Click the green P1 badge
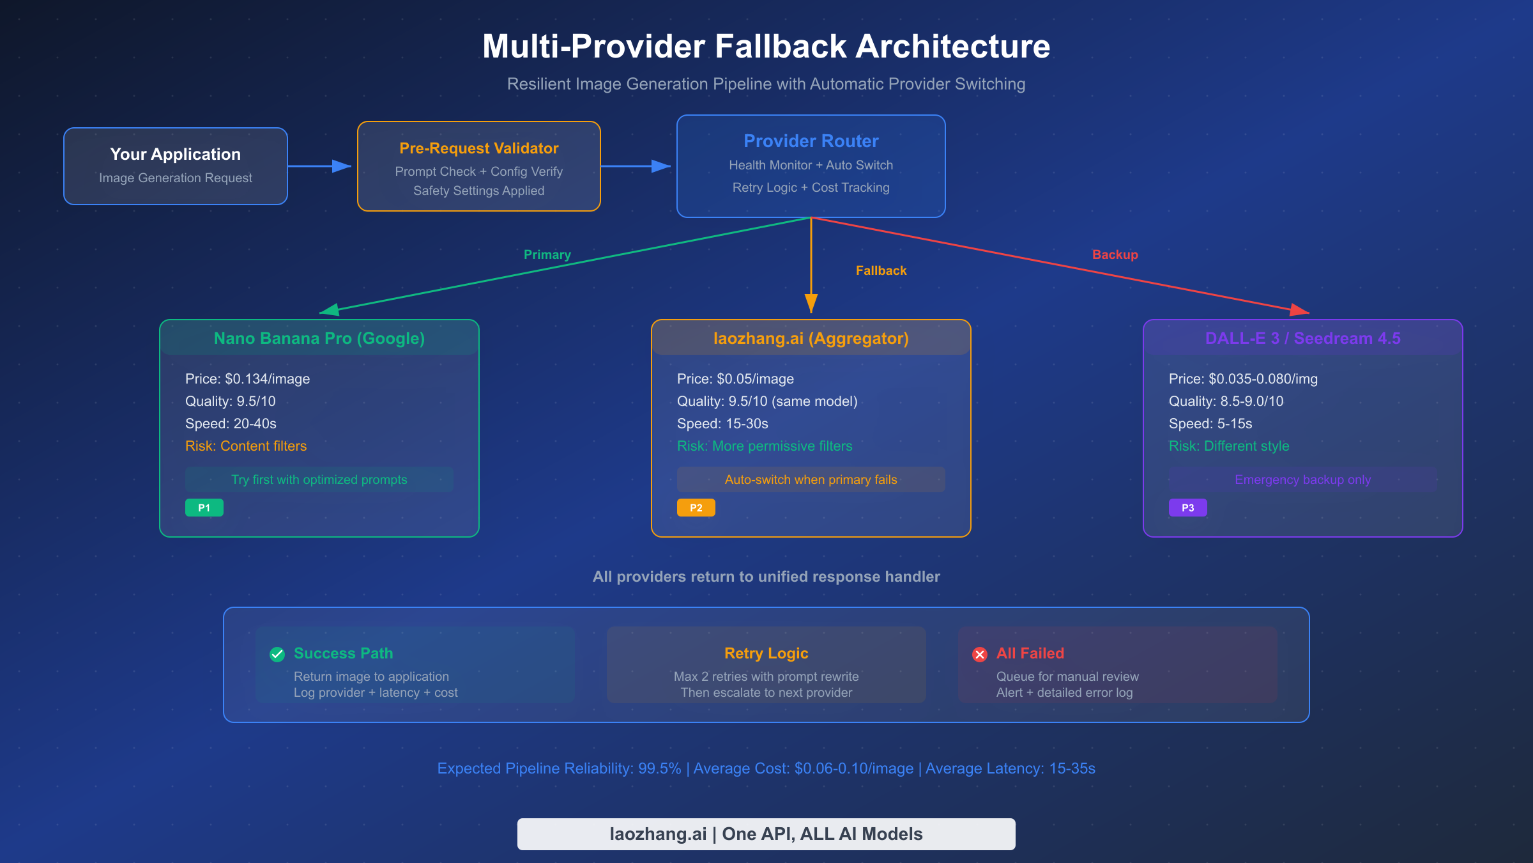(204, 508)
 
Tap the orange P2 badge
(696, 508)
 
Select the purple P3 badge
(1187, 508)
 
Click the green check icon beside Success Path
(277, 654)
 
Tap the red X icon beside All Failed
(979, 654)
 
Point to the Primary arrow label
(547, 254)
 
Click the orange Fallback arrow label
(881, 270)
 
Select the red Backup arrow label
(1115, 254)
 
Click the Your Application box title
(175, 154)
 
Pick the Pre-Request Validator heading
(478, 148)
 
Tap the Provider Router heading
(811, 141)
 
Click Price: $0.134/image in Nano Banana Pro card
(247, 378)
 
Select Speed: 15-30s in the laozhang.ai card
(722, 423)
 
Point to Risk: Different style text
(1228, 446)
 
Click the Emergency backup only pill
(1302, 479)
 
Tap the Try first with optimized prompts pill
(319, 479)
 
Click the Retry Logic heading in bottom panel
(766, 653)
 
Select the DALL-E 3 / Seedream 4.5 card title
(1302, 338)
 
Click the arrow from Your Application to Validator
(319, 166)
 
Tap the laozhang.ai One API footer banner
(766, 834)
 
